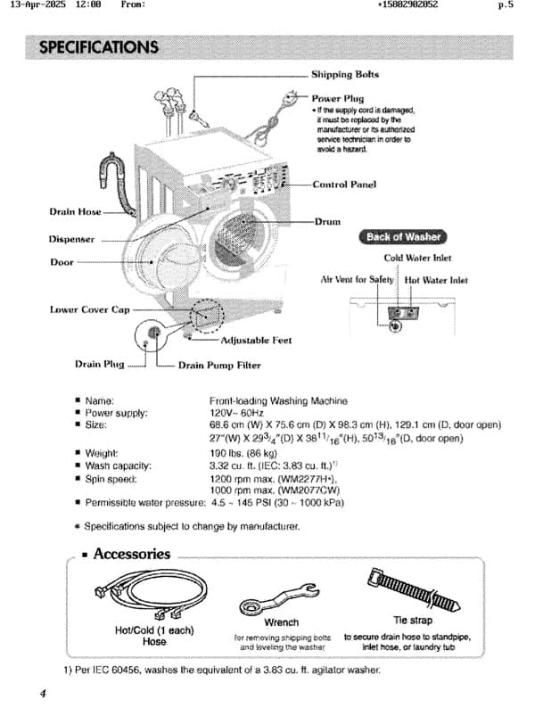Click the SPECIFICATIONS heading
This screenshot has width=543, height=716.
(99, 46)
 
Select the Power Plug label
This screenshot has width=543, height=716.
(338, 98)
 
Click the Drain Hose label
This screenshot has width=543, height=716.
(75, 212)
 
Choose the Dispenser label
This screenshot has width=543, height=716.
(71, 239)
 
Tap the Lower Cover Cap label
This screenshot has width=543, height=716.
(90, 309)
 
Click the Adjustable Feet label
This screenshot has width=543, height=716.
(256, 340)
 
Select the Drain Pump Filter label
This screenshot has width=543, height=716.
(219, 365)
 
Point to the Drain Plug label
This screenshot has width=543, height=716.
(99, 365)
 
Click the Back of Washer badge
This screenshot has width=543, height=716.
(404, 237)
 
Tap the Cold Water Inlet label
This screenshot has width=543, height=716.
(417, 259)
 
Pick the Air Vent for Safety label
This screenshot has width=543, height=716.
(357, 279)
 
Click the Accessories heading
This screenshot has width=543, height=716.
(131, 554)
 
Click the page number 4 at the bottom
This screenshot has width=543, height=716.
(43, 694)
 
